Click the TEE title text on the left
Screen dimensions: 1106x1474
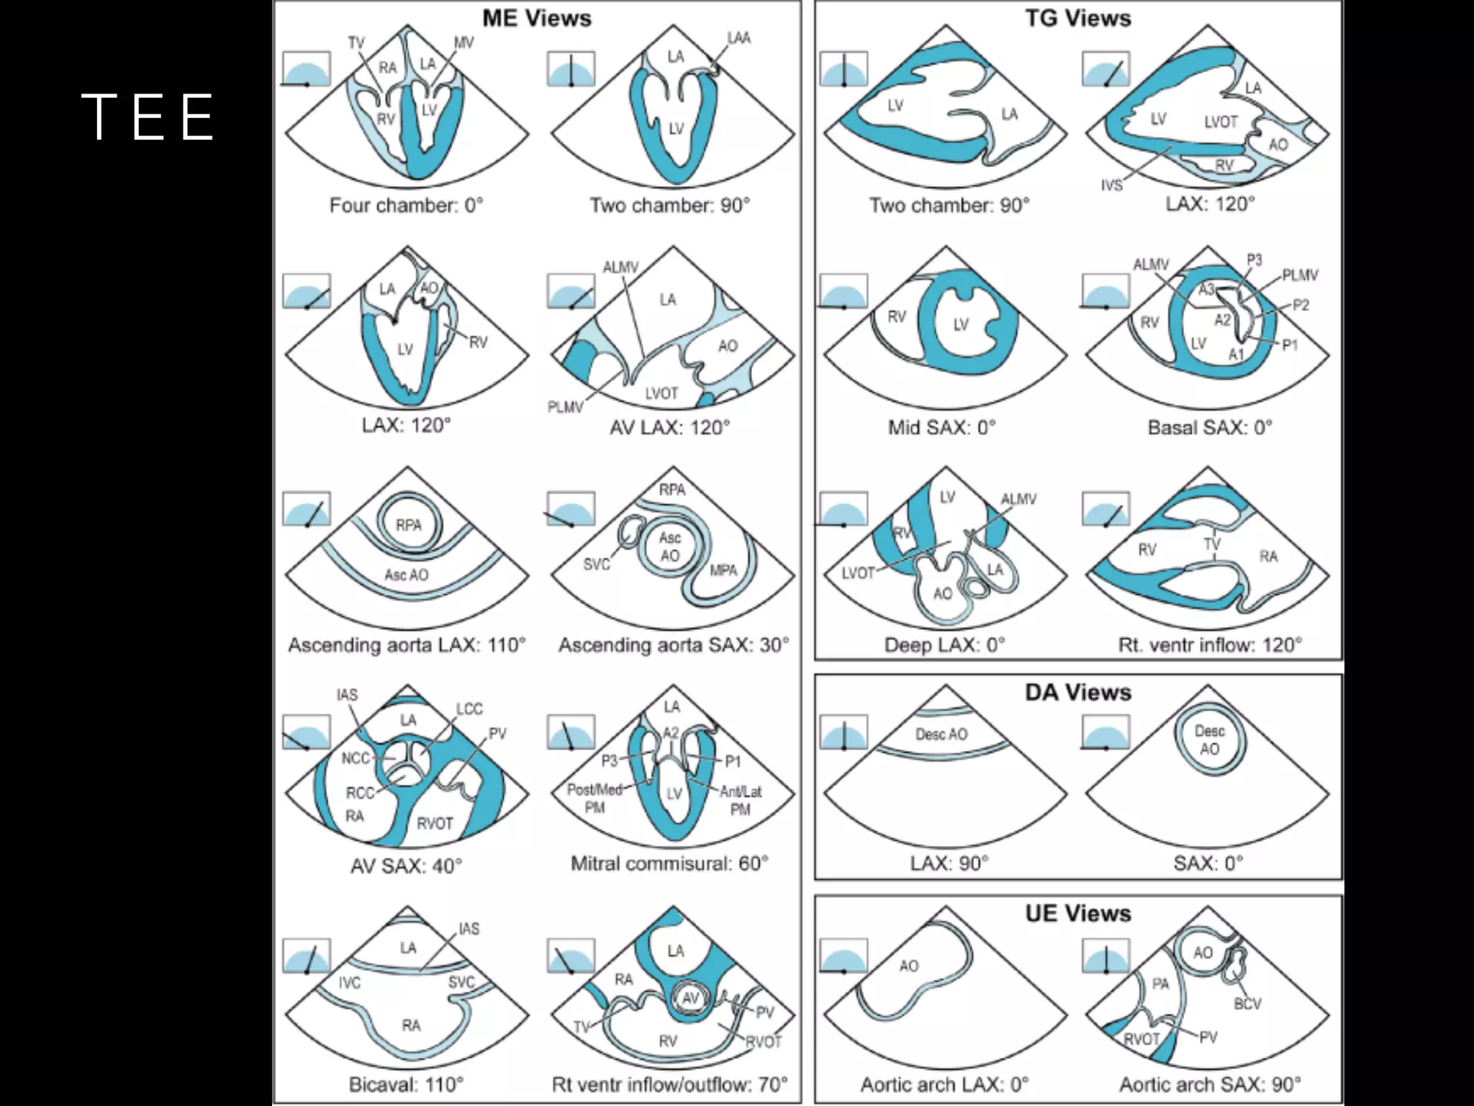pos(148,116)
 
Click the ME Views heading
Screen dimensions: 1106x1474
pos(536,18)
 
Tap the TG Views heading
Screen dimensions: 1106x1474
pos(1077,18)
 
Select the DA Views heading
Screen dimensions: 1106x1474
pos(1077,692)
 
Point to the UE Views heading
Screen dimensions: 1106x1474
pos(1077,913)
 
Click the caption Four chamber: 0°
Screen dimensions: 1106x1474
pos(406,206)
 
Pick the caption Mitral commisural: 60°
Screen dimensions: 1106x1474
pos(669,863)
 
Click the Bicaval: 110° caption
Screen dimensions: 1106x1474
pos(406,1084)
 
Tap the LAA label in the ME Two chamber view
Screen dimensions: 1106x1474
pos(738,37)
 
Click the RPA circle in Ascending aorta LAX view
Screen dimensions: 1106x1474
pos(408,525)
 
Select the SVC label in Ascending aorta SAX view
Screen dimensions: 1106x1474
pos(596,565)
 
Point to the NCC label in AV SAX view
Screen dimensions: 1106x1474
pos(355,758)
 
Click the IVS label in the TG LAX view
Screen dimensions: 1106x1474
pos(1111,186)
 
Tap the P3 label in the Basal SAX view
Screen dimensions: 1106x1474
pos(1254,260)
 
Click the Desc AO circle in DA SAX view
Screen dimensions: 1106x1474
pos(1209,739)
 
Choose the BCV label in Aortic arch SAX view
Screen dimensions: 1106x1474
pos(1247,1003)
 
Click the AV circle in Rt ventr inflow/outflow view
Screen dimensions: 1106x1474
pos(690,998)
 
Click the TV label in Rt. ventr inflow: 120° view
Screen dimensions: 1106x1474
pos(1212,544)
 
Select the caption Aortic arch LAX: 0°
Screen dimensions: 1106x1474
pos(944,1084)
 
